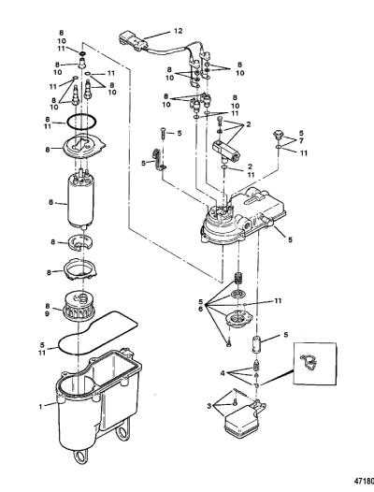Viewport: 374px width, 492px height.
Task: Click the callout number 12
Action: coord(178,31)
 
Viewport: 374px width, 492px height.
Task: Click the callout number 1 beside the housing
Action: coord(40,407)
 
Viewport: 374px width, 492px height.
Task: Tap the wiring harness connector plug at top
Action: coord(133,41)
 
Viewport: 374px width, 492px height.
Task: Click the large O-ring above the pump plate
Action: coord(81,122)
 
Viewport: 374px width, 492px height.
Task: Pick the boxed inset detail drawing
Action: coord(315,363)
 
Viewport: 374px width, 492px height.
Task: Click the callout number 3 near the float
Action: coord(209,406)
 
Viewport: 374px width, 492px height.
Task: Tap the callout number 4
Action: coord(223,374)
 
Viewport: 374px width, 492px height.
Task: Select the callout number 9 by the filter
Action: coord(48,313)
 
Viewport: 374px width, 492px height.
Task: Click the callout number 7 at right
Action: coord(301,139)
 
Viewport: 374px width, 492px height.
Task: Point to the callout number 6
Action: coord(200,309)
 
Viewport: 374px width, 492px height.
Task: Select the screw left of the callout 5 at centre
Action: coord(163,134)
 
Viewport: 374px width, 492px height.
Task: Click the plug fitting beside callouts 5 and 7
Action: coord(279,135)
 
